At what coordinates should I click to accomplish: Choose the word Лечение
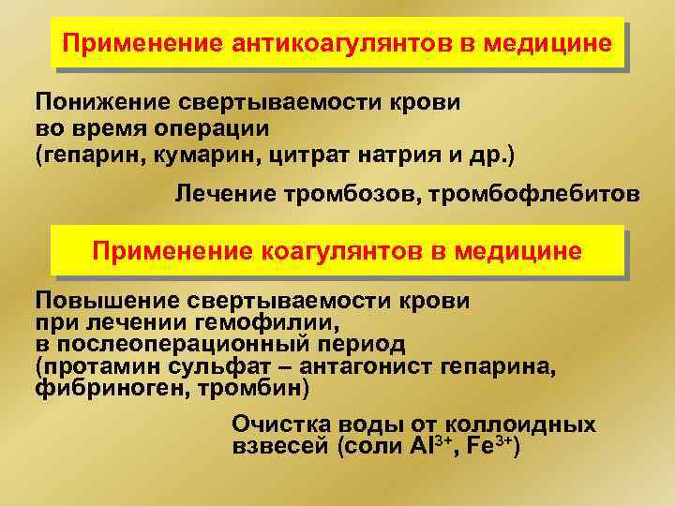click(x=224, y=194)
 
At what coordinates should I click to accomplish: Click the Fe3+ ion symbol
click(x=493, y=446)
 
